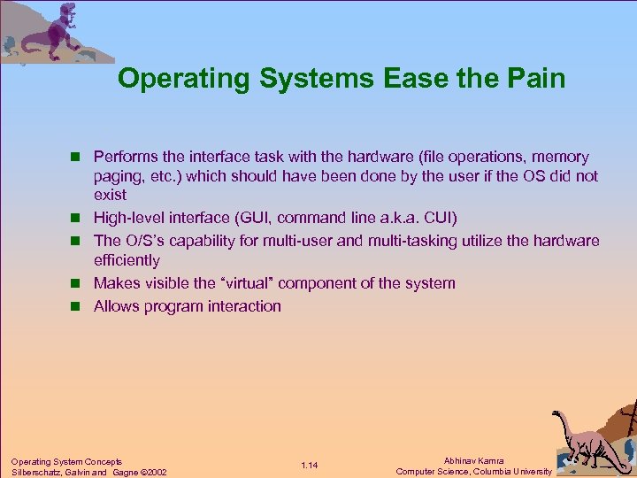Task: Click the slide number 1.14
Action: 309,466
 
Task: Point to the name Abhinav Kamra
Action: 475,460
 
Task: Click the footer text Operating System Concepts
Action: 66,460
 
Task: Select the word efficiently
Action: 127,260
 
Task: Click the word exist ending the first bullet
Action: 110,195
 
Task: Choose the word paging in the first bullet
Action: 118,175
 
